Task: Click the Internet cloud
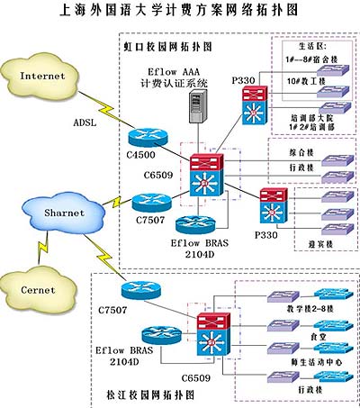click(x=42, y=76)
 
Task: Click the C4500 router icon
click(x=146, y=136)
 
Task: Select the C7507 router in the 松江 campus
click(x=139, y=290)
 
